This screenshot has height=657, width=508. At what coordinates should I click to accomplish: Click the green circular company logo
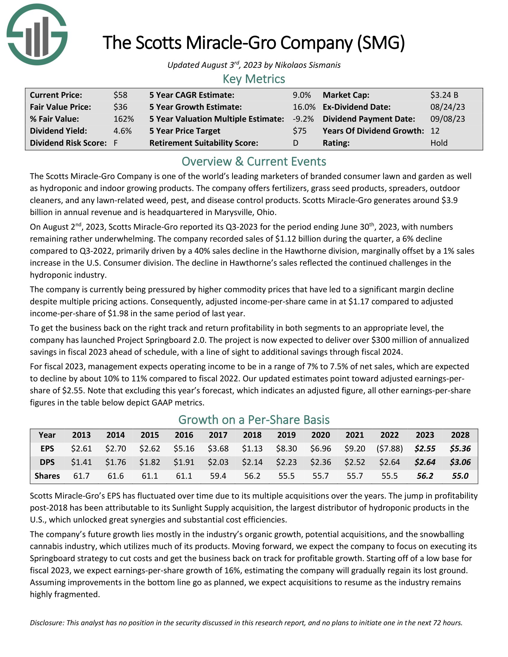[37, 35]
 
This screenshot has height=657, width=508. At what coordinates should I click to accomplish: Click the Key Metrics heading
[254, 79]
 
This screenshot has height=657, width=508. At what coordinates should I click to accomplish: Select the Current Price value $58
[120, 95]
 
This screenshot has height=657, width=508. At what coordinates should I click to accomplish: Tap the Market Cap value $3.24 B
[444, 95]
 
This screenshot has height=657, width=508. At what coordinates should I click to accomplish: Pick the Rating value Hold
[439, 143]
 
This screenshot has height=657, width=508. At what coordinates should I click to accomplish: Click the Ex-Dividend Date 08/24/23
[448, 107]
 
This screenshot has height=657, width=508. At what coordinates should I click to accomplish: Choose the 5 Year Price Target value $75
[299, 131]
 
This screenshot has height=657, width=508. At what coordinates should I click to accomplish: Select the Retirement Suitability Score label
[204, 143]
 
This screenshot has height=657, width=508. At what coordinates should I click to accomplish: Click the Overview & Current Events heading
[254, 162]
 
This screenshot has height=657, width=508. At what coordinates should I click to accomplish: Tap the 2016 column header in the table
[184, 435]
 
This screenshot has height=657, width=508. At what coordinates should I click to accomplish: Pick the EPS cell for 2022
[389, 449]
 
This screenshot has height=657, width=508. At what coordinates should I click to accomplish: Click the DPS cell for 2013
[81, 462]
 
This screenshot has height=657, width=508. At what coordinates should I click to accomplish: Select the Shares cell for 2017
[218, 476]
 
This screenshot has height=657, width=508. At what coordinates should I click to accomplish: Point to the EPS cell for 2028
[460, 449]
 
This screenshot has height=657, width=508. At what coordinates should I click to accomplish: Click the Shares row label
[47, 476]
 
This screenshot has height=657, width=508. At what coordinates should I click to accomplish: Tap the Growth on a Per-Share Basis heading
[254, 420]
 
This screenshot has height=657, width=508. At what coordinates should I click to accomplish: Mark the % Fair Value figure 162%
[123, 119]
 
